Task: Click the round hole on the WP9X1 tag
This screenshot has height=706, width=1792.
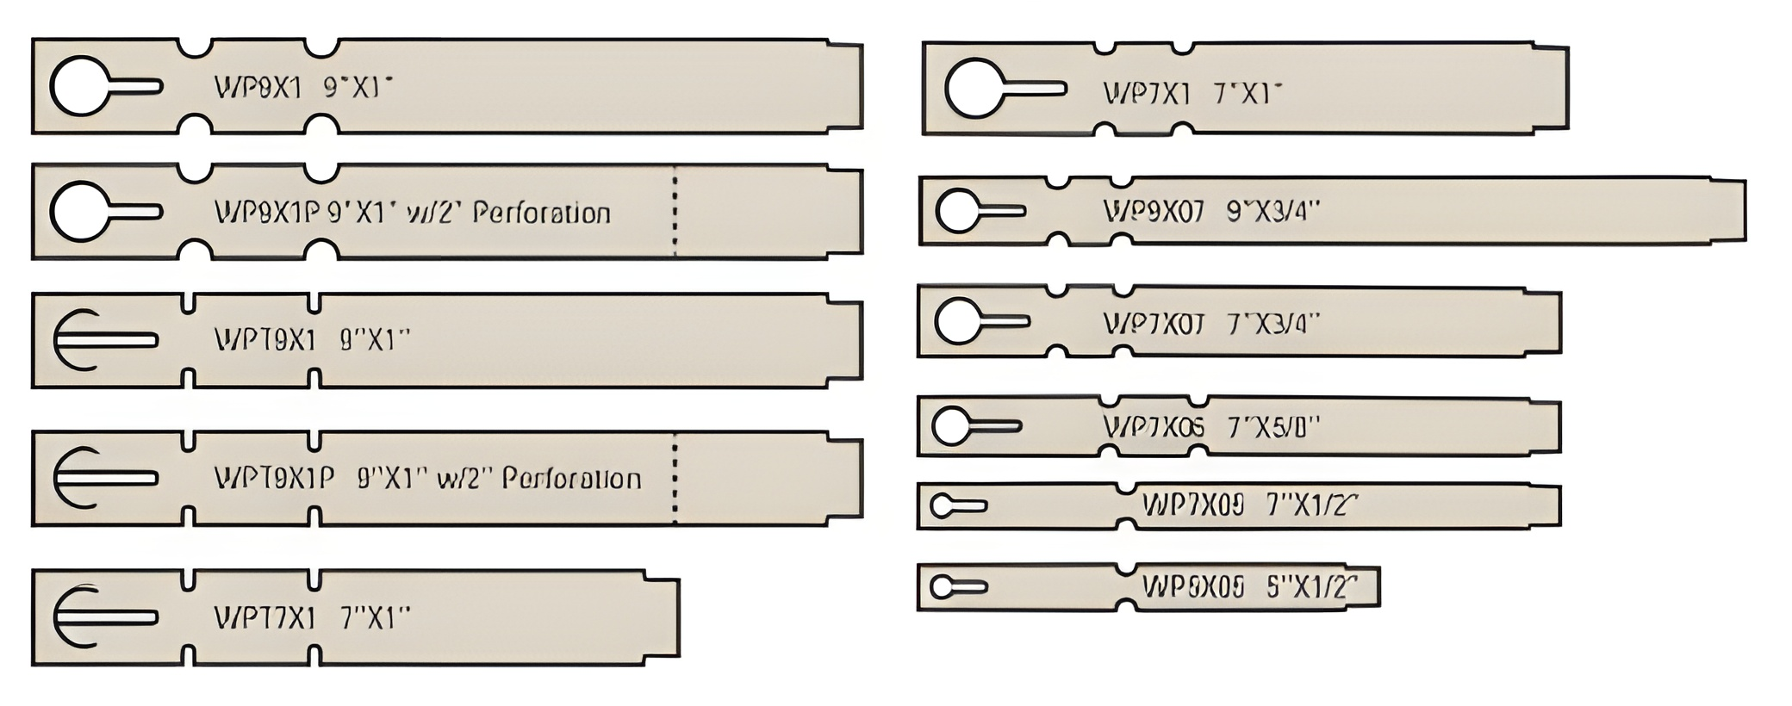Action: pos(80,86)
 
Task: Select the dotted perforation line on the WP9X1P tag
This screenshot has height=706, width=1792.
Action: pos(675,211)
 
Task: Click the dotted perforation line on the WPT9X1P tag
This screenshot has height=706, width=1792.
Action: pos(675,479)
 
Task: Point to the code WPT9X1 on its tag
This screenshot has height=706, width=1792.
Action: pos(265,340)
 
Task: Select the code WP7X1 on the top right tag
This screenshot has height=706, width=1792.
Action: pos(1147,93)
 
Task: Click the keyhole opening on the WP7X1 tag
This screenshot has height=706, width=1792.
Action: pos(974,88)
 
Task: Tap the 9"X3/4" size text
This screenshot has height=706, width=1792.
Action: pos(1272,211)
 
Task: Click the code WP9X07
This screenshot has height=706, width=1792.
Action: pos(1154,211)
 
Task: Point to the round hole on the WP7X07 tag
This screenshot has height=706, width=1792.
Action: pos(957,322)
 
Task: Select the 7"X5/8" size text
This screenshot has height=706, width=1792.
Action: pos(1273,427)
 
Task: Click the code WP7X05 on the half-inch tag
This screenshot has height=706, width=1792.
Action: pos(1192,505)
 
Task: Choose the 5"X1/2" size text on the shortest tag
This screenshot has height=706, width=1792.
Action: pos(1311,587)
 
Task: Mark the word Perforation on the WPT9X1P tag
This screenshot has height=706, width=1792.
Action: pos(571,479)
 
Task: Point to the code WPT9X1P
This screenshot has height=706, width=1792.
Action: pos(274,479)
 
